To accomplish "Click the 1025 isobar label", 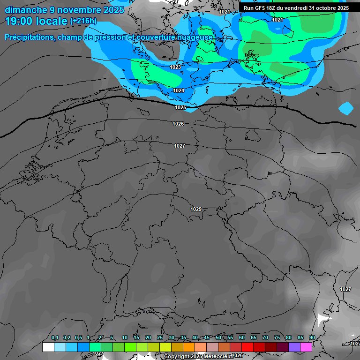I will (180, 107).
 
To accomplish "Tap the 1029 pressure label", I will (196, 209).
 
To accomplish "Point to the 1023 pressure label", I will (175, 67).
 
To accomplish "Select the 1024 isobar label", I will (179, 90).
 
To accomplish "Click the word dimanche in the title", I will (26, 10).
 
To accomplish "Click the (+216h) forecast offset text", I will (83, 21).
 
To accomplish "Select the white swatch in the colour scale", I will (48, 347).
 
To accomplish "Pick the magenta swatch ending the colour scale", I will (306, 347).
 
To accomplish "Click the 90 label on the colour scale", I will (312, 338).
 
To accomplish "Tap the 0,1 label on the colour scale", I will (54, 338).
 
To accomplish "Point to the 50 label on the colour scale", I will (218, 338).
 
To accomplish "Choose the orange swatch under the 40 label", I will (201, 347).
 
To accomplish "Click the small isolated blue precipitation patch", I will (346, 108).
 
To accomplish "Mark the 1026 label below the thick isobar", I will (178, 124).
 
